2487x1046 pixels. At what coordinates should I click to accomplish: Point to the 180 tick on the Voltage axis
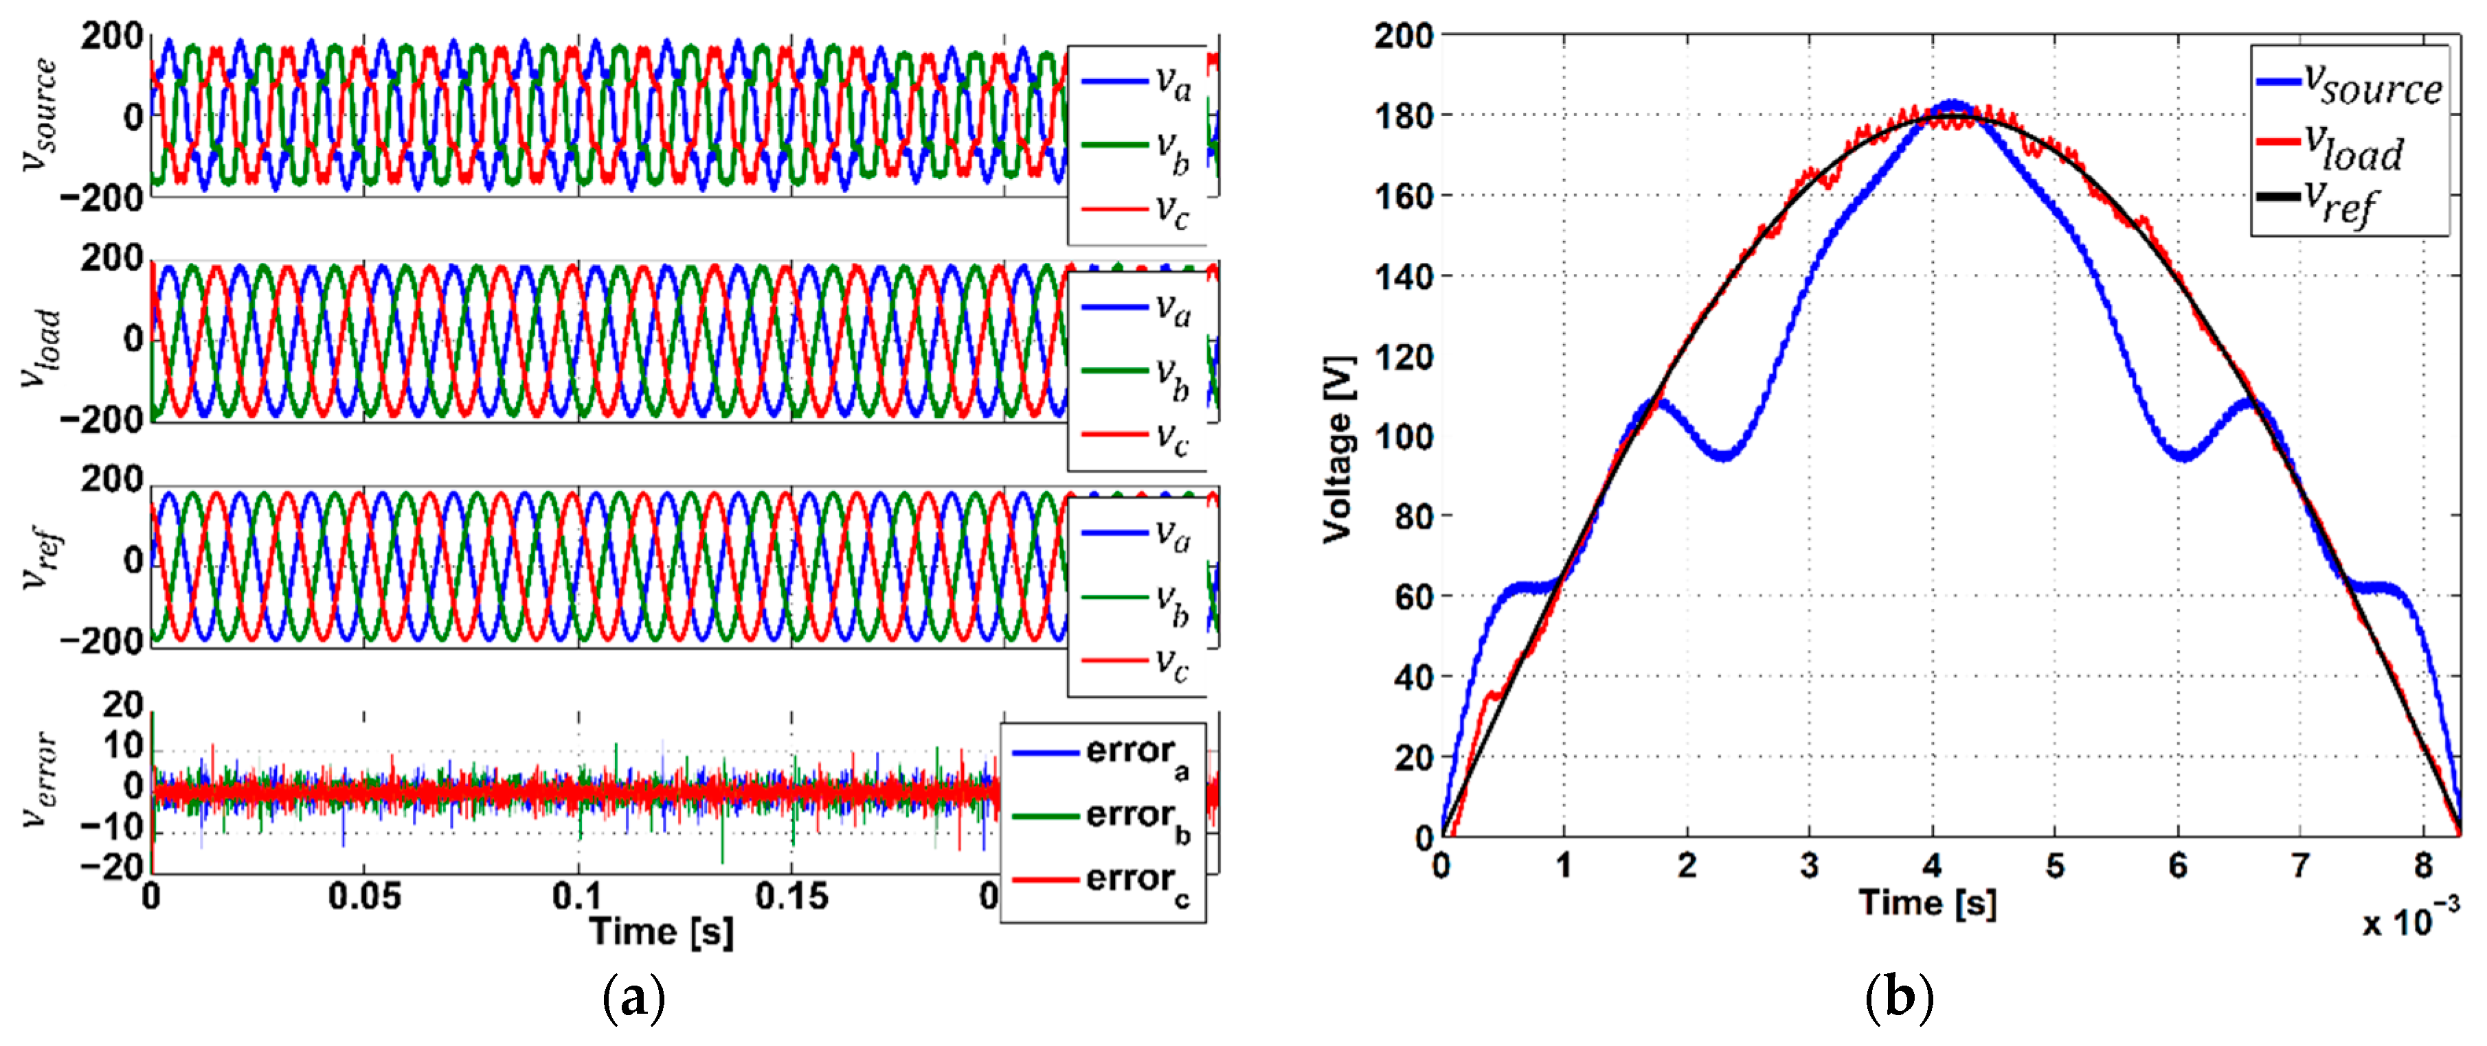coord(1404,117)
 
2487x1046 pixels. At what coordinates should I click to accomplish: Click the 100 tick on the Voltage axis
coord(1404,437)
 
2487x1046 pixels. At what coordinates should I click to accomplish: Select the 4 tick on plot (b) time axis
coord(1932,865)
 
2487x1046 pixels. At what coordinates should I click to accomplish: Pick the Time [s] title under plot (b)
coord(1927,904)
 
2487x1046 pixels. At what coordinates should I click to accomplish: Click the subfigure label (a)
coord(633,999)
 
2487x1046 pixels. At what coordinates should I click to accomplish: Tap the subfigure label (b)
coord(1898,999)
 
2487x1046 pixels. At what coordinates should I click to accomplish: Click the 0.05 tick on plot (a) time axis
coord(364,896)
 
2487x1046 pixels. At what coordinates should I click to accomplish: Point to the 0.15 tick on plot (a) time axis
coord(791,896)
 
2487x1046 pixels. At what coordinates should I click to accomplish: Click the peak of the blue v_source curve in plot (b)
coord(1952,103)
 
